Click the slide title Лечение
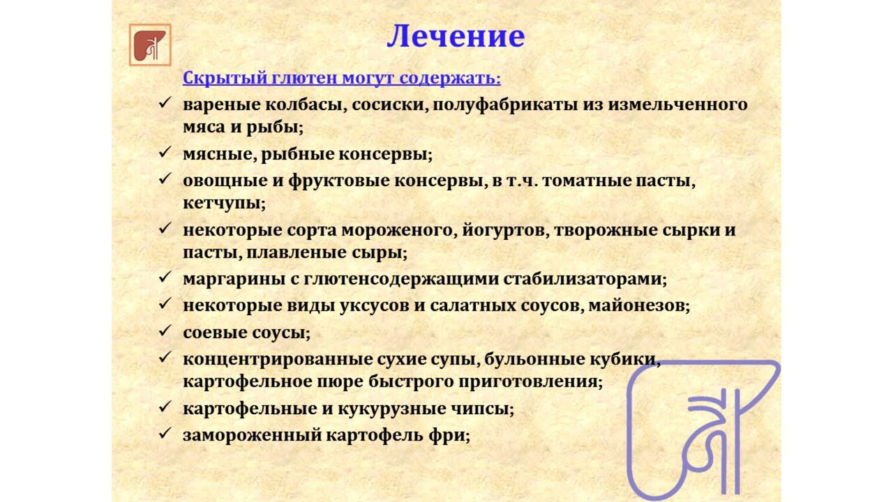click(455, 36)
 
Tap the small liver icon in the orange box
click(150, 45)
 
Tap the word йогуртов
click(504, 229)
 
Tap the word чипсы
click(483, 409)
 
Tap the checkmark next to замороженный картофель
click(165, 434)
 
